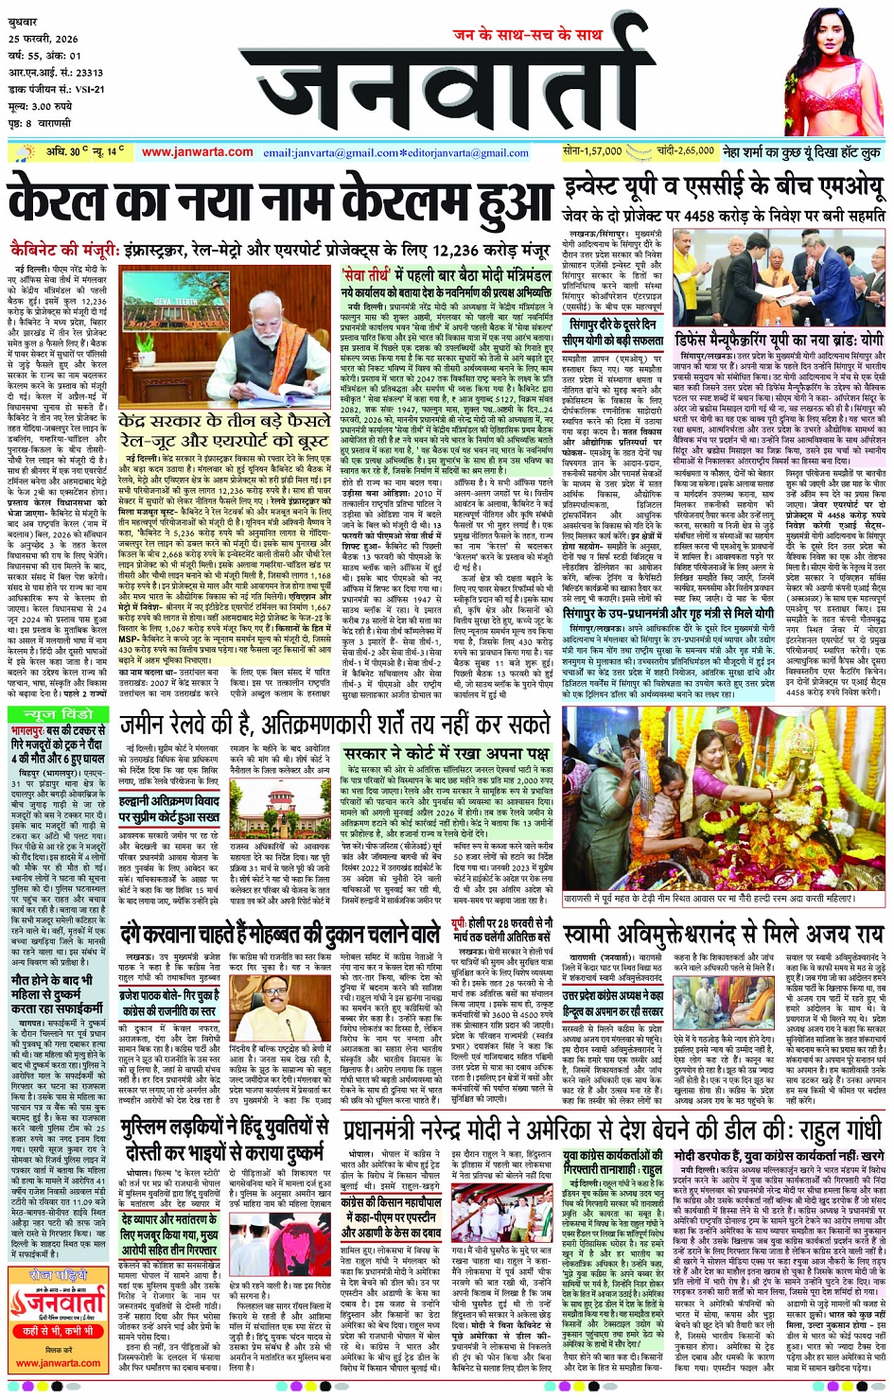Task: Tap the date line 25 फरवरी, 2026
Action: [x=46, y=38]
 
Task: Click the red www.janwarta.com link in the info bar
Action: [x=197, y=151]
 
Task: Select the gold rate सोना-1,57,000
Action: [x=592, y=151]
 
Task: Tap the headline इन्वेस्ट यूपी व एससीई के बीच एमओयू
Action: [x=723, y=185]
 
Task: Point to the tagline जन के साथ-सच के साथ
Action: [x=527, y=35]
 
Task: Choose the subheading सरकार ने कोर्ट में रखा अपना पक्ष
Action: [x=446, y=754]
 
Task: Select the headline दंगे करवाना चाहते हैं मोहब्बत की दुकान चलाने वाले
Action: [x=280, y=935]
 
